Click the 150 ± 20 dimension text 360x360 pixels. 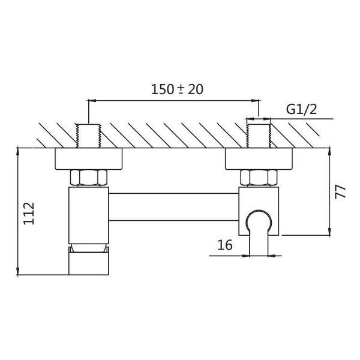[177, 89]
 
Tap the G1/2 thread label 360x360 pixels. [301, 110]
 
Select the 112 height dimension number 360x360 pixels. [29, 214]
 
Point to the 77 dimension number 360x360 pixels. [340, 192]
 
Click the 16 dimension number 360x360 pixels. [225, 245]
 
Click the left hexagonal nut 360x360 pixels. [89, 178]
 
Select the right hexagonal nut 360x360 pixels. [259, 178]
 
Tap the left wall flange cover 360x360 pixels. [89, 159]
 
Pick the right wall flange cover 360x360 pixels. [259, 159]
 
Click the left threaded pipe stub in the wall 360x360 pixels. [89, 136]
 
